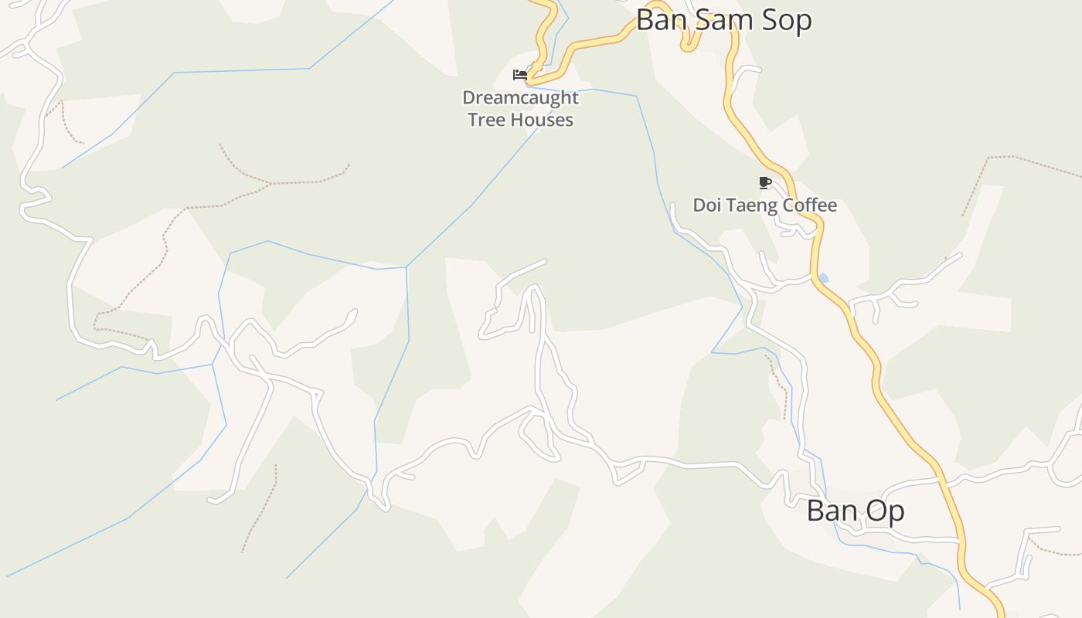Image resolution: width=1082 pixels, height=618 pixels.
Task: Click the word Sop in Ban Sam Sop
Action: pos(786,21)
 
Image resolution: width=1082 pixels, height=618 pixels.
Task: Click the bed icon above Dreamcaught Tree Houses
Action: pos(520,75)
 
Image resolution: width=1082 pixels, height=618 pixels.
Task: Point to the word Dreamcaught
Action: pos(520,98)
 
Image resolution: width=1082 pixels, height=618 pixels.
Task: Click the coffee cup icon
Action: pos(765,183)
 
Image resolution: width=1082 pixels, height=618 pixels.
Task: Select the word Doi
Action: pos(706,205)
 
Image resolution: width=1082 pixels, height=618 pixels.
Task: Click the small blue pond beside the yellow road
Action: pos(823,277)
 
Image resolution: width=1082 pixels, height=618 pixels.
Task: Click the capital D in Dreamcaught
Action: pos(468,98)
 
